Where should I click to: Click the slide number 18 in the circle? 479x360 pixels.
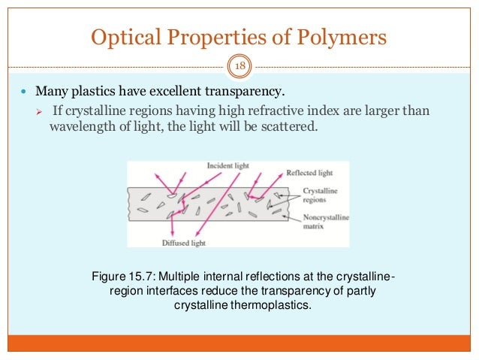(239, 67)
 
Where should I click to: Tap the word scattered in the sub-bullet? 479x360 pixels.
(293, 127)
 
